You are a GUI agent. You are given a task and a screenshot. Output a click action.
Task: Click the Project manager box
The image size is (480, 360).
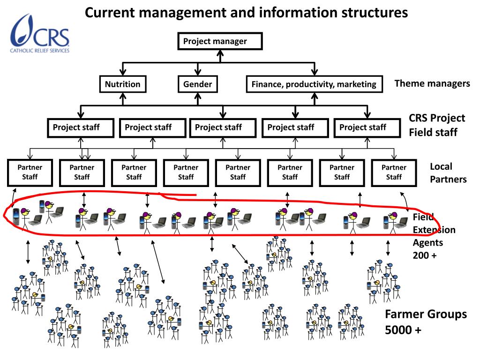pyautogui.click(x=220, y=41)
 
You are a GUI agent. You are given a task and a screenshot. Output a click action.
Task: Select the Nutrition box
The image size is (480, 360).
pyautogui.click(x=122, y=84)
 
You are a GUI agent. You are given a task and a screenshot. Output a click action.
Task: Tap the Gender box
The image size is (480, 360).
pyautogui.click(x=197, y=84)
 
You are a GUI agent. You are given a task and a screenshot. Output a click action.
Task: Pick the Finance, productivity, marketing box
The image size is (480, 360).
pyautogui.click(x=314, y=84)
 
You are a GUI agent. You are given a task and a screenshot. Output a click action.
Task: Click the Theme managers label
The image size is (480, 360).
pyautogui.click(x=432, y=83)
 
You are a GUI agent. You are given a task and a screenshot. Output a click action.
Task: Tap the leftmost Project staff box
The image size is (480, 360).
pyautogui.click(x=81, y=127)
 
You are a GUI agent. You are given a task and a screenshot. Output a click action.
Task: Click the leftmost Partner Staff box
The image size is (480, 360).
pyautogui.click(x=30, y=172)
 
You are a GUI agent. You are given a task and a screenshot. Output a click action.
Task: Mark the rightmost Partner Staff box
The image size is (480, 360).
pyautogui.click(x=394, y=172)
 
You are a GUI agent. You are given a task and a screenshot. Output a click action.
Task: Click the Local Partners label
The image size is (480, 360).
pyautogui.click(x=448, y=172)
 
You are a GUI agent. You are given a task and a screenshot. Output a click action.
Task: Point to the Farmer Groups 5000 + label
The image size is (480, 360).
pyautogui.click(x=426, y=322)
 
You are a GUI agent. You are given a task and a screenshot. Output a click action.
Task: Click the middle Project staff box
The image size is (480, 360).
pyautogui.click(x=223, y=127)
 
